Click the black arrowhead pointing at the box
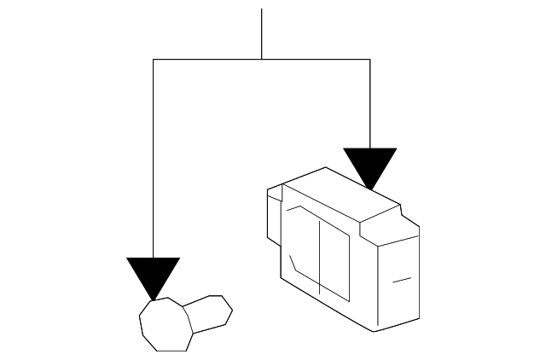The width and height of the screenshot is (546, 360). point(369,164)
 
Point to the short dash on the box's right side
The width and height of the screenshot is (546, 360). point(402,279)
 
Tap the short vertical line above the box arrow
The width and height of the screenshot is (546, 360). point(369,102)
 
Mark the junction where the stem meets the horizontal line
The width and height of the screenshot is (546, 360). point(261,59)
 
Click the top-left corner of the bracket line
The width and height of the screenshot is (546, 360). point(153,59)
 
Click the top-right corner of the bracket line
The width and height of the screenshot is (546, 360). point(369,59)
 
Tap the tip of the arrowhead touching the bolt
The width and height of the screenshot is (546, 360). point(153,299)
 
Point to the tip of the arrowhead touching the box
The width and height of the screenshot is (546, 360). point(369,189)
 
